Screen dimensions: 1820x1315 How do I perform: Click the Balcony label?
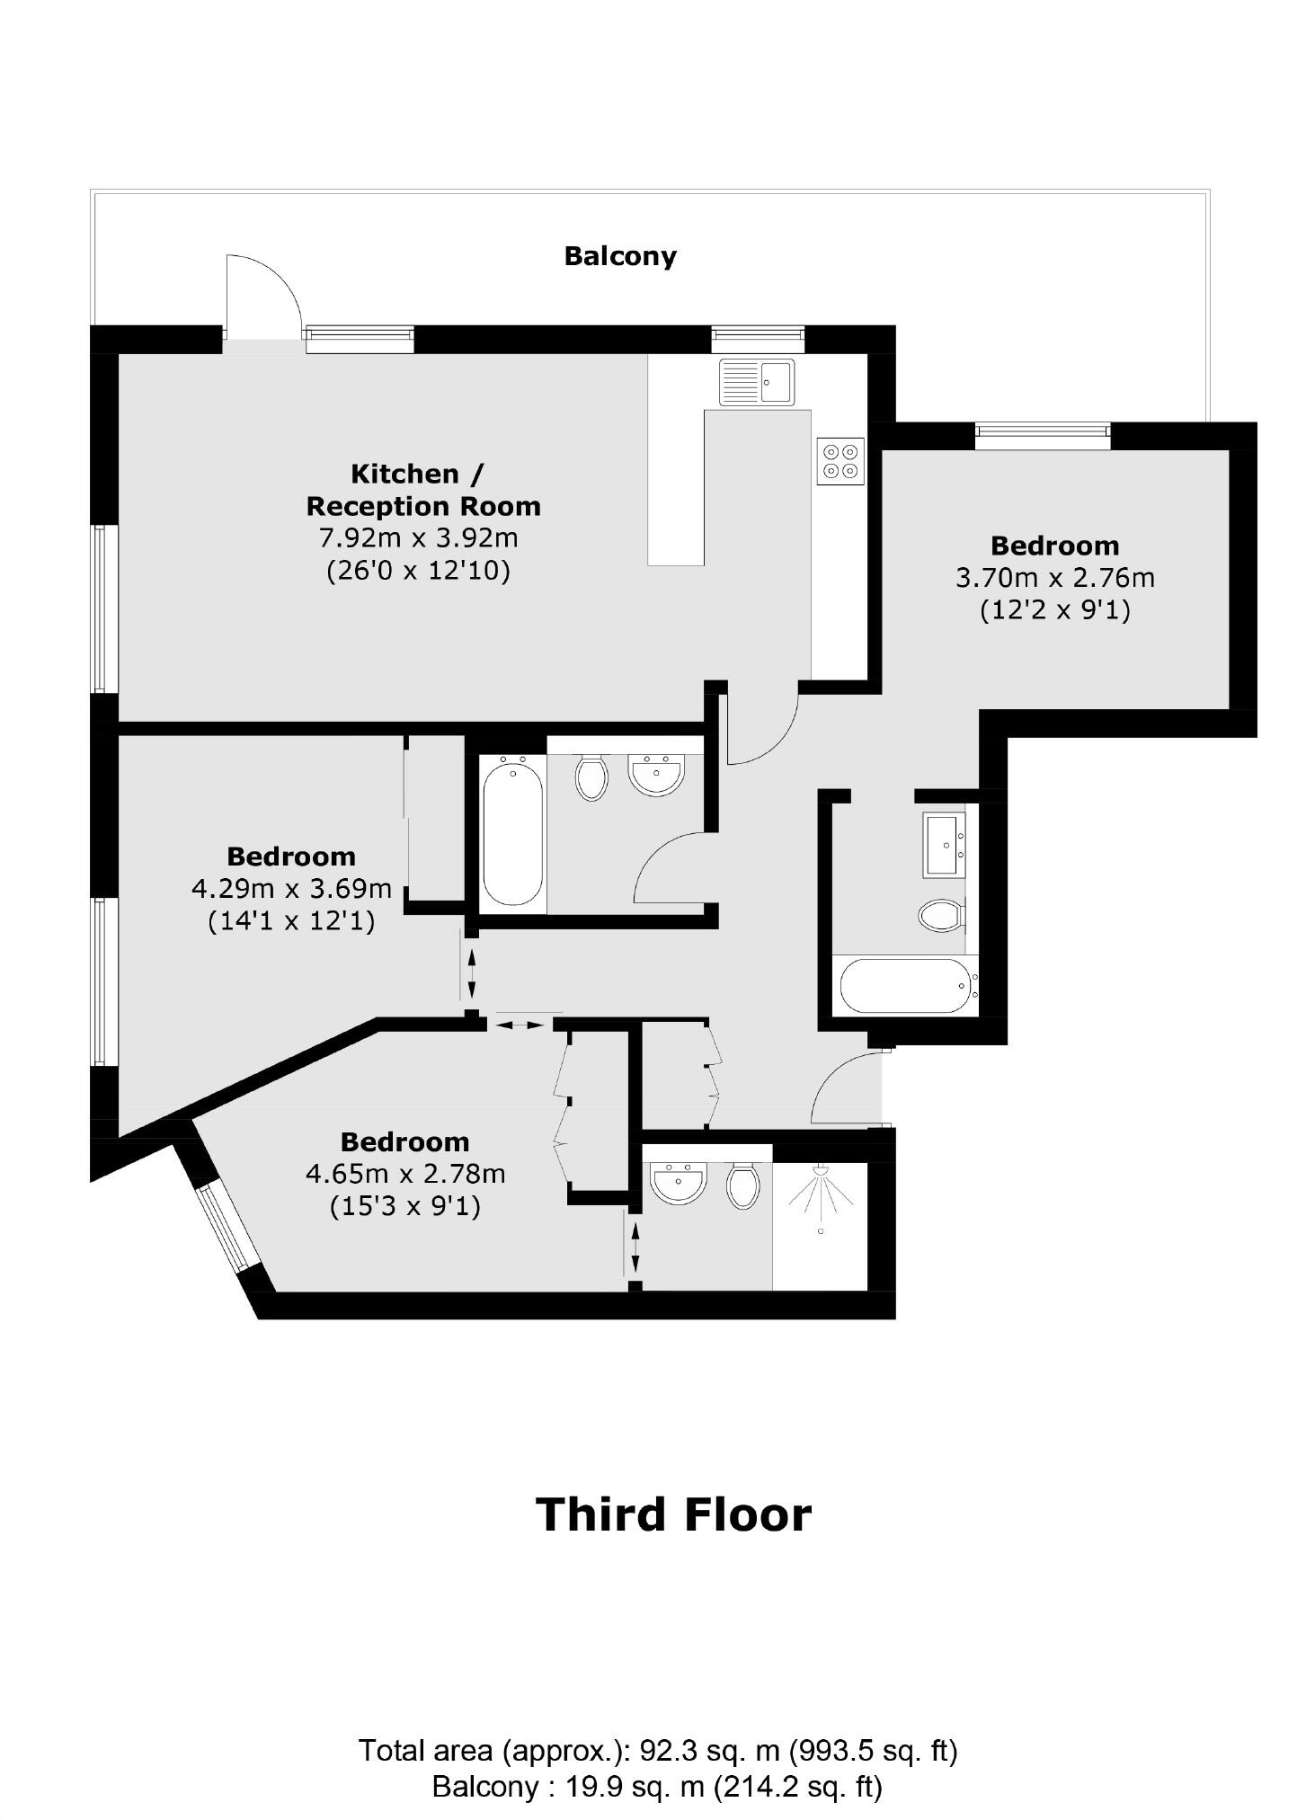point(619,256)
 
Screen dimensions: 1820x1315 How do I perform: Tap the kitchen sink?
point(756,382)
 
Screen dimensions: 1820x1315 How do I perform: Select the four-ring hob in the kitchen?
point(840,461)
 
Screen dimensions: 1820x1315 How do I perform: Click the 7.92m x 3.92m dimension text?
point(419,538)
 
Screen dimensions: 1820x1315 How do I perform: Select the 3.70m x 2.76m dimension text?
point(1054,578)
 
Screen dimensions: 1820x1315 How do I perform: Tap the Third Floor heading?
point(673,1514)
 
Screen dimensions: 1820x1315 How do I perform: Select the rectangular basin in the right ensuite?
point(944,845)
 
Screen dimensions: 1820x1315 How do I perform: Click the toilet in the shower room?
point(743,1186)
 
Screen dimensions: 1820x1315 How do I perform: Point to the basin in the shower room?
point(679,1184)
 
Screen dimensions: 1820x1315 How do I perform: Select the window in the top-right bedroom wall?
point(1043,437)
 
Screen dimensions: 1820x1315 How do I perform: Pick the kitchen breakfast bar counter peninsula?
point(676,485)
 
